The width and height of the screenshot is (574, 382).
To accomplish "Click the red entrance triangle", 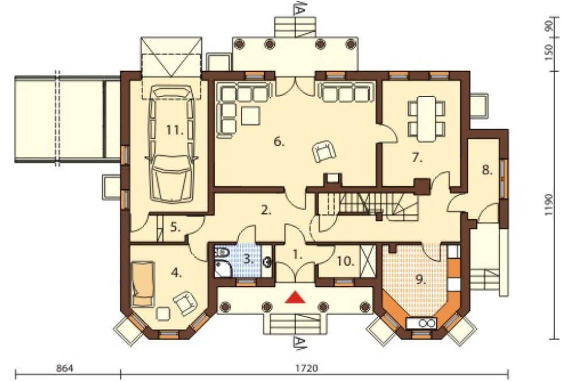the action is pyautogui.click(x=295, y=297).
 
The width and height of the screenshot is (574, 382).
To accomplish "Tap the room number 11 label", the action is pyautogui.click(x=174, y=130).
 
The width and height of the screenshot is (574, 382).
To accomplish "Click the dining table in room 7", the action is pyautogui.click(x=427, y=119).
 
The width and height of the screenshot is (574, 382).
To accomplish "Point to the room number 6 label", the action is pyautogui.click(x=279, y=142).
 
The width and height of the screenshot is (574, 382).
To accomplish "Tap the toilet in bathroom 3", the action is pyautogui.click(x=222, y=252).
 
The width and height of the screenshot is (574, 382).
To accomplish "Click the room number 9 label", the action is pyautogui.click(x=421, y=279).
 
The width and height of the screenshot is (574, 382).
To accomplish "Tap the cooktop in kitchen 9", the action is pyautogui.click(x=421, y=323).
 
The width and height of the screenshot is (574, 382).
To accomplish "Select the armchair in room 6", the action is pyautogui.click(x=324, y=151).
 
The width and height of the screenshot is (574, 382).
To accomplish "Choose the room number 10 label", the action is pyautogui.click(x=346, y=261).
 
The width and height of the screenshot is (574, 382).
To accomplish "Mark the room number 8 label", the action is pyautogui.click(x=487, y=170).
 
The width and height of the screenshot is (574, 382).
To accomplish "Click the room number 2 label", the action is pyautogui.click(x=266, y=211).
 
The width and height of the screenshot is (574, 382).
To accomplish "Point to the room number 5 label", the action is pyautogui.click(x=175, y=227).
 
